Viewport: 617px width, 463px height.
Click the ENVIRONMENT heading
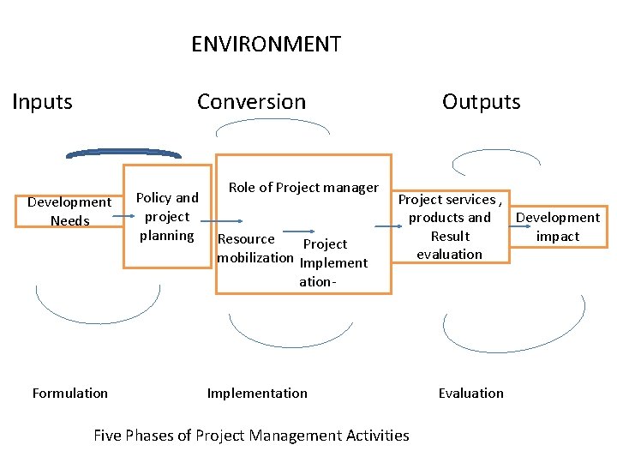pos(266,44)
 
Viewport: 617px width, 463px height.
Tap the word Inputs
pos(42,101)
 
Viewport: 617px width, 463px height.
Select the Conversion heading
pos(251,101)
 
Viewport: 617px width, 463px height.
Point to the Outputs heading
pos(481,101)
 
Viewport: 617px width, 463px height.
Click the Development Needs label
pos(69,211)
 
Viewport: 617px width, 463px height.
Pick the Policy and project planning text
pos(167,216)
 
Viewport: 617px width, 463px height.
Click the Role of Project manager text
pos(303,187)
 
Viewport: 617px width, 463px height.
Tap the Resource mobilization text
pos(255,249)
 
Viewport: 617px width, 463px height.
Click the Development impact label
pos(558,226)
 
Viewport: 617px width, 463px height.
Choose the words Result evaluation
pos(450,245)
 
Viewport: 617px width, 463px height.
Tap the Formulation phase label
pos(70,393)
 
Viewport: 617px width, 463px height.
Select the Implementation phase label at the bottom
pos(257,393)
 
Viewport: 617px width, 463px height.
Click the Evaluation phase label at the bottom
pos(470,393)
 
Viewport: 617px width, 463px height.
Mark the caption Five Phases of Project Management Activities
pos(251,435)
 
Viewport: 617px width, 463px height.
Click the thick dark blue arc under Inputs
pos(123,153)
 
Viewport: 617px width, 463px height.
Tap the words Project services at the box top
pos(446,199)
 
